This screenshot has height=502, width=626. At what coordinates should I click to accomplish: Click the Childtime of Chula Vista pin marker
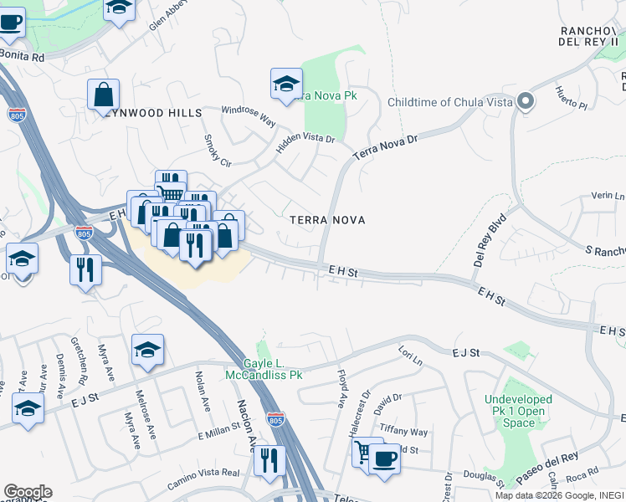coord(526,102)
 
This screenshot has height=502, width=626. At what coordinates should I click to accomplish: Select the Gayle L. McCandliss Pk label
coord(265,369)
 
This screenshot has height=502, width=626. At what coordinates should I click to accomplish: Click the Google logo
coord(28,492)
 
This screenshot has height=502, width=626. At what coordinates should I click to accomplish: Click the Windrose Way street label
coord(249,115)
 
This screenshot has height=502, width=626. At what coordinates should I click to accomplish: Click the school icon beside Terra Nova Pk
coord(286,84)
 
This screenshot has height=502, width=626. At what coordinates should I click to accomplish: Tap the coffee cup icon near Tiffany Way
coord(385,459)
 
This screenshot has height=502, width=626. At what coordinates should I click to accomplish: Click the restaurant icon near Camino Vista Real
coord(269,461)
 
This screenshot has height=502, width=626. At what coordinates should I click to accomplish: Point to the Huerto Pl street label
coord(571,93)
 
